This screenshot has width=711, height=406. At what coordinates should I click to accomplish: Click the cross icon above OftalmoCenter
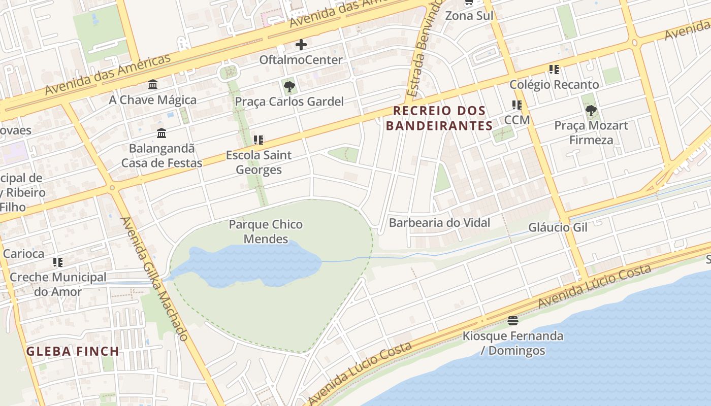[301, 45]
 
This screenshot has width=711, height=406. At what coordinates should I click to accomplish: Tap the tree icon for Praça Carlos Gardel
[289, 87]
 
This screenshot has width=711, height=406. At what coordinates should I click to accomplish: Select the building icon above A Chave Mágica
[153, 84]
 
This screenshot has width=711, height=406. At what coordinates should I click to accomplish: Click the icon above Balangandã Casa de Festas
[161, 133]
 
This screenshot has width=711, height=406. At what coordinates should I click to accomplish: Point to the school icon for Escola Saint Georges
[258, 140]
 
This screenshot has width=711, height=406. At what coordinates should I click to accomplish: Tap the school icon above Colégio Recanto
[554, 70]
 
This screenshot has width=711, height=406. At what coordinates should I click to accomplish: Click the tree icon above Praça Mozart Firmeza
[591, 110]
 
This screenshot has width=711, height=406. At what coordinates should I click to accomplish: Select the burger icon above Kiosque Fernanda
[512, 321]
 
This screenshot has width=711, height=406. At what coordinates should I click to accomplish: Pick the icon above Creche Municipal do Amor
[58, 262]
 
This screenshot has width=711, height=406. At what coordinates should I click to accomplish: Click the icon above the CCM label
[517, 105]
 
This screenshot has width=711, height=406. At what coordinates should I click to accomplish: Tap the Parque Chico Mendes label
[266, 231]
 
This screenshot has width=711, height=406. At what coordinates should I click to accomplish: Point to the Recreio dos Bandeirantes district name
[439, 118]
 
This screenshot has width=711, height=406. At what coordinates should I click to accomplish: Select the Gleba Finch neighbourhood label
[73, 351]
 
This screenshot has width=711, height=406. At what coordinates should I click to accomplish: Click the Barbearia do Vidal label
[439, 223]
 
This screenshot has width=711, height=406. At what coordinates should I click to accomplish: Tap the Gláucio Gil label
[558, 227]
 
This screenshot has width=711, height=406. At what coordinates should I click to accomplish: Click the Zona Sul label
[469, 16]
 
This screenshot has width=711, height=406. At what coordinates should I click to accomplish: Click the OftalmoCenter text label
[301, 60]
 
